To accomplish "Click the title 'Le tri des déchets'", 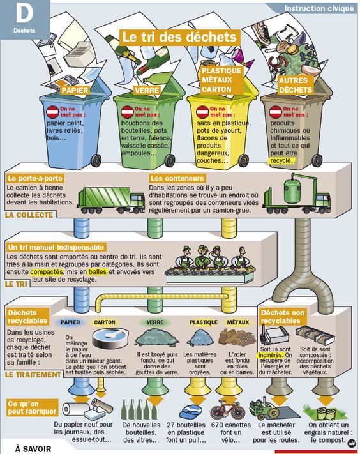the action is (179, 37).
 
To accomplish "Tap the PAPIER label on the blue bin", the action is (75, 90).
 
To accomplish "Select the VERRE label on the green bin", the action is (147, 90).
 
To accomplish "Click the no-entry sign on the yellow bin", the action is (202, 112).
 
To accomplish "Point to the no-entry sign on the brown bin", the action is (275, 112).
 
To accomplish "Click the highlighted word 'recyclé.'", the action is (281, 161).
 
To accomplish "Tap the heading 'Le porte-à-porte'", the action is (35, 178).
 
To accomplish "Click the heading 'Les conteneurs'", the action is (177, 178).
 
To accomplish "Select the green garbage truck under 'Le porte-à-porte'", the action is (111, 200).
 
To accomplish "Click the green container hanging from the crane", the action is (292, 191).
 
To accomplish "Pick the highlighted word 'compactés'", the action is (47, 272).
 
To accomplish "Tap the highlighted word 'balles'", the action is (98, 272).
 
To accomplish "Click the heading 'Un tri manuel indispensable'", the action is (56, 248).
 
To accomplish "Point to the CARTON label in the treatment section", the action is (105, 322).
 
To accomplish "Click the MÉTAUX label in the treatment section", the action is (238, 322).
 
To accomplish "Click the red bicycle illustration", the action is (227, 409).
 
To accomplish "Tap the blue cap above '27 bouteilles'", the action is (190, 412).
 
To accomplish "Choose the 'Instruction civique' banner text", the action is (319, 8).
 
